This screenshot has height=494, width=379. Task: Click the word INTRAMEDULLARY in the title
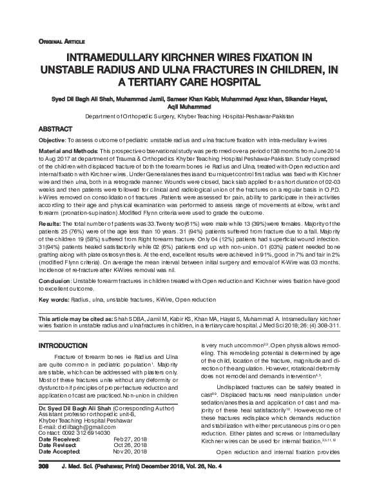click(119, 57)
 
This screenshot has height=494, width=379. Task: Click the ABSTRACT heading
click(57, 129)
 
